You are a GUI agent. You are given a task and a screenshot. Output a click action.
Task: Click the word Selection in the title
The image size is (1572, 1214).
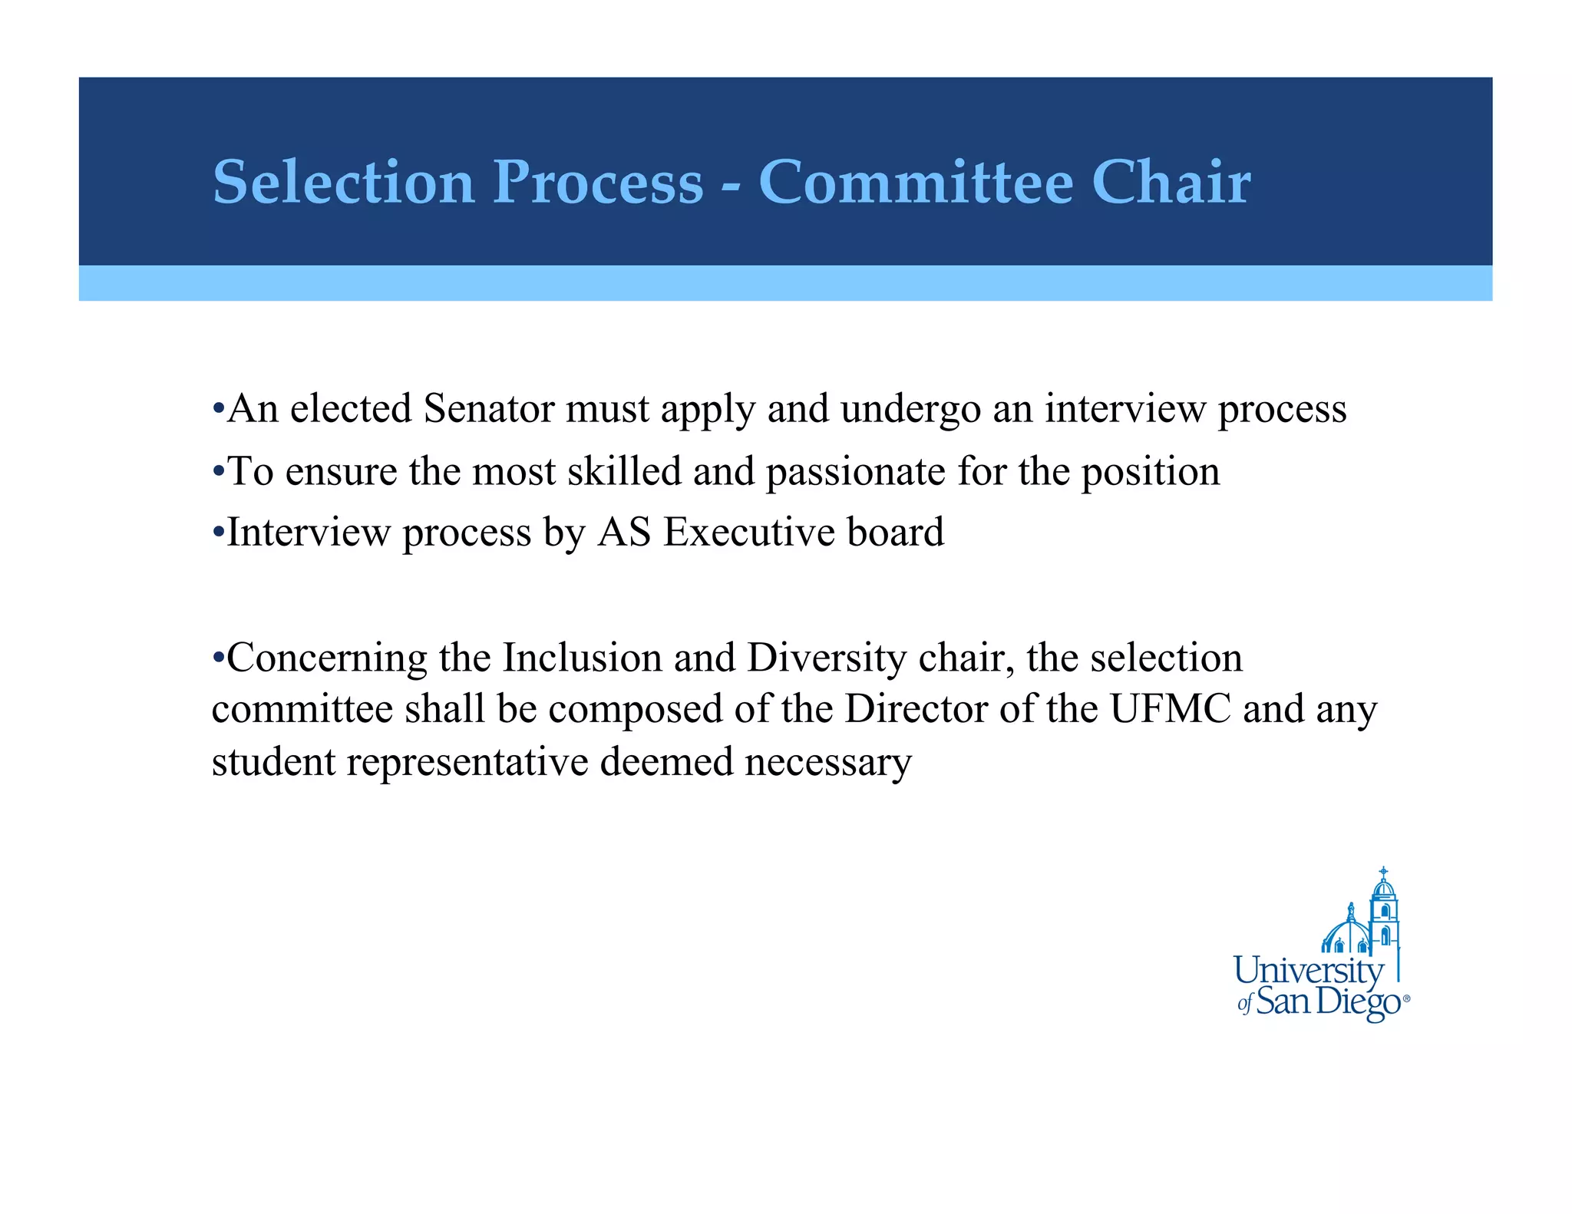343,182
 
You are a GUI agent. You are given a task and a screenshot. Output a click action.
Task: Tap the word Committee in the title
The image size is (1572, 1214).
916,182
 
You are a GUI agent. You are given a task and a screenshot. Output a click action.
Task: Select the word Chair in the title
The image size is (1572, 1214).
1171,182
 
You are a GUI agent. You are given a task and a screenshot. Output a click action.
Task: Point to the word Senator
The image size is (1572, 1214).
489,408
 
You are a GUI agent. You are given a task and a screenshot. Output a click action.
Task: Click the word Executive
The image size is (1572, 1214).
748,532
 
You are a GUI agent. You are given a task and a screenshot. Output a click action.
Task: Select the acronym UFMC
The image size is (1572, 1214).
1171,708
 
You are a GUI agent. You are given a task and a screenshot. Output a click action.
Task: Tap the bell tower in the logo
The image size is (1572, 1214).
1383,913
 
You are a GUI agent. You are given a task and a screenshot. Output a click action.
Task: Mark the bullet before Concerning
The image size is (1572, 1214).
218,658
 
